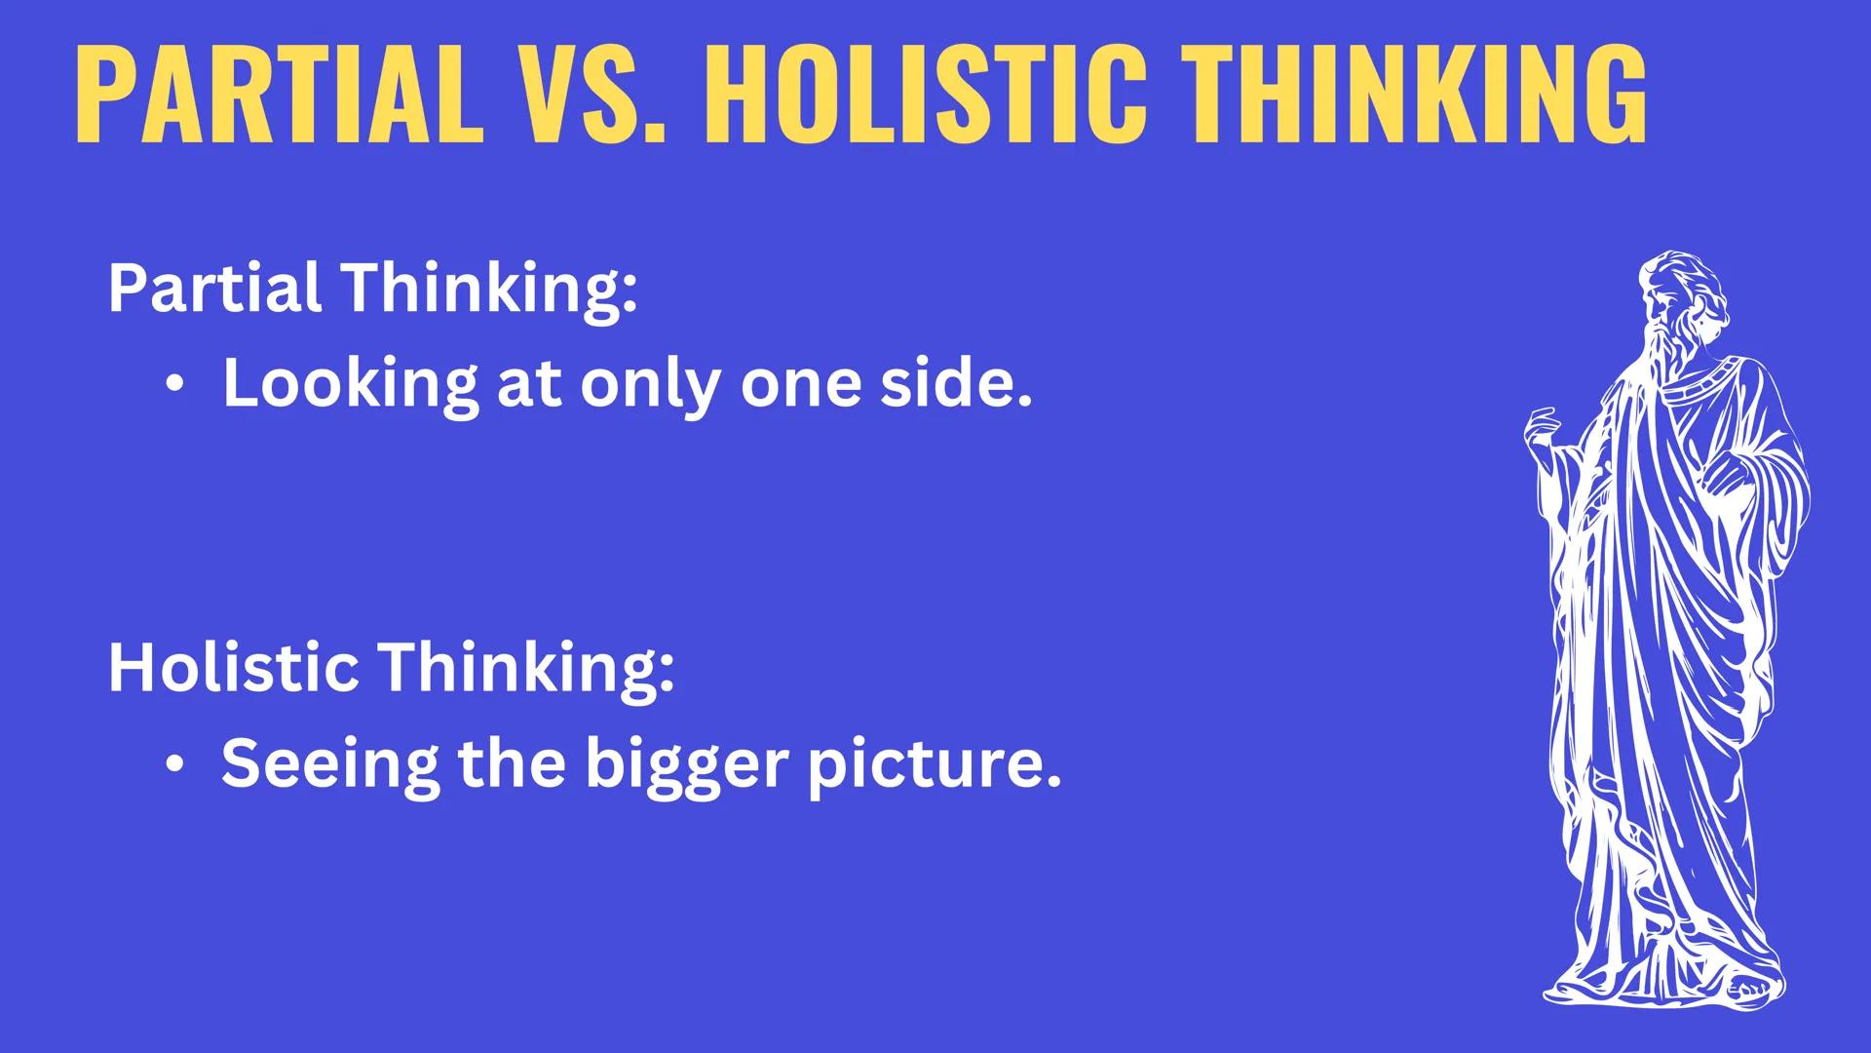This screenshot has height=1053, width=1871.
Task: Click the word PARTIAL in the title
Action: pos(278,95)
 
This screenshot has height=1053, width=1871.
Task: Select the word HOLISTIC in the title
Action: pos(920,95)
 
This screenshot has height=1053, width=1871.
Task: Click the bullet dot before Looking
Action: pos(173,385)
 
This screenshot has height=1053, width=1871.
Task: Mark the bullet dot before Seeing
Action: pos(173,765)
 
